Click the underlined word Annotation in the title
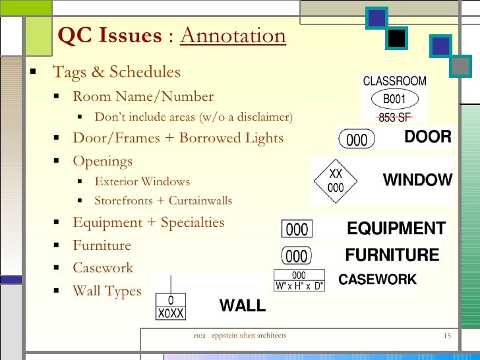[x=233, y=36]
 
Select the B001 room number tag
[x=394, y=100]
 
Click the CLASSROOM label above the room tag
[x=394, y=82]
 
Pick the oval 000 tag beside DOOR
[x=357, y=140]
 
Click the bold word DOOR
[x=427, y=137]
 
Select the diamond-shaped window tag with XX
[x=336, y=180]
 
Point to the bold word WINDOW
[x=417, y=180]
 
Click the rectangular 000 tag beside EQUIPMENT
[x=297, y=229]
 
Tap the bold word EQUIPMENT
[x=396, y=229]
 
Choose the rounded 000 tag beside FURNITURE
[x=297, y=255]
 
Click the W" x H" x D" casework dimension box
[x=299, y=285]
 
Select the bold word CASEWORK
[x=377, y=280]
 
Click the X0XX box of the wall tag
[x=171, y=314]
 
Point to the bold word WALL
[x=242, y=306]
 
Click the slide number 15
[x=446, y=336]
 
